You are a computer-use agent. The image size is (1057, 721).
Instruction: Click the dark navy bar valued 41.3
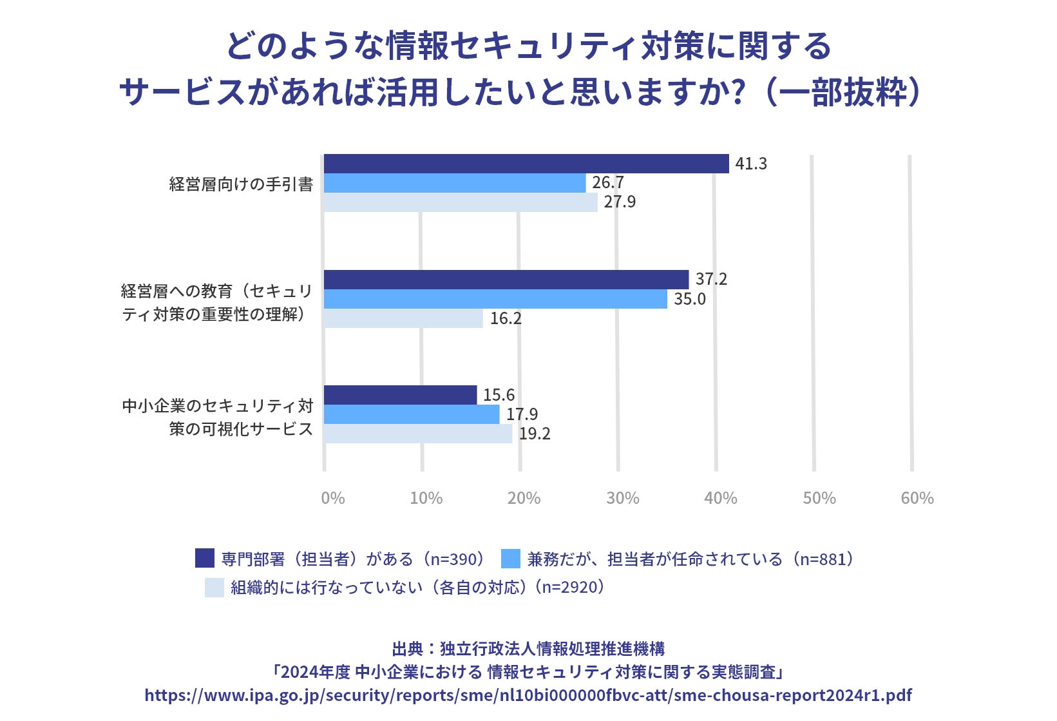(x=526, y=164)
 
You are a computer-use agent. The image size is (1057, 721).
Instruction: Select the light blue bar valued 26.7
(x=454, y=183)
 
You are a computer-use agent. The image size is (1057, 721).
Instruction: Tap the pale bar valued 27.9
(x=460, y=202)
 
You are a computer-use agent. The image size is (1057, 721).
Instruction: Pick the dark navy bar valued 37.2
(x=506, y=280)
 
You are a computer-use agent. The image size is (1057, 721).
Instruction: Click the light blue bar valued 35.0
(x=495, y=299)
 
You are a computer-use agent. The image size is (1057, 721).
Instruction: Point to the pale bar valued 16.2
(x=403, y=318)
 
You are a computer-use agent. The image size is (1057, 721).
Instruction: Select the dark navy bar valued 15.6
(x=400, y=395)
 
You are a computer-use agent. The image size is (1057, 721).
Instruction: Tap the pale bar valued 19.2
(x=417, y=434)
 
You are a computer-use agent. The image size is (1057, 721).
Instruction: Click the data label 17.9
(x=522, y=414)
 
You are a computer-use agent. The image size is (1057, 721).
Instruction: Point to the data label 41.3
(x=751, y=164)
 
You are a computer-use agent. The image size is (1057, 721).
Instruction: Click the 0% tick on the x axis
(x=333, y=498)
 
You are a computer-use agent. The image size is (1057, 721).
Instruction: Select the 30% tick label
(x=623, y=498)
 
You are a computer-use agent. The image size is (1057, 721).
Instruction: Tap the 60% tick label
(x=917, y=498)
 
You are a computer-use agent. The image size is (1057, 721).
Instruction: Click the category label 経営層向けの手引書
(x=241, y=184)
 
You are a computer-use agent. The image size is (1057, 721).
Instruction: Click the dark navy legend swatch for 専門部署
(x=205, y=558)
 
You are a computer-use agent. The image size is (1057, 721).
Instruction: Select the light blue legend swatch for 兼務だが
(x=510, y=558)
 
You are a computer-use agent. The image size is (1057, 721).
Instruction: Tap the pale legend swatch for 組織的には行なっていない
(x=214, y=587)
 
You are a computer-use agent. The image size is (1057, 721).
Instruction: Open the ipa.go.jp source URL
(x=528, y=695)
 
